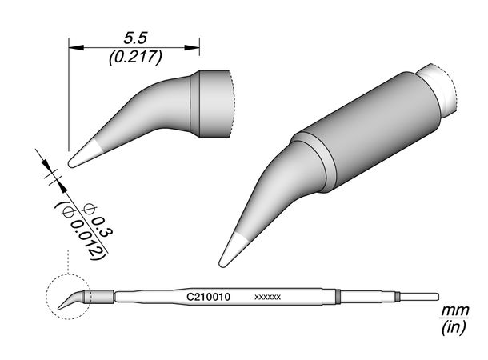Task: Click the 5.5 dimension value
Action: [x=134, y=38]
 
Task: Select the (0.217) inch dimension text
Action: [x=135, y=58]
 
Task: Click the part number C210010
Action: [x=208, y=297]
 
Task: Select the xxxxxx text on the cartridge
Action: [x=268, y=297]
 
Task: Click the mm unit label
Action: [x=455, y=310]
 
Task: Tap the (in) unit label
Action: [x=454, y=327]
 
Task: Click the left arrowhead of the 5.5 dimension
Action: [x=76, y=48]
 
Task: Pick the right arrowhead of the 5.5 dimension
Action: [x=192, y=48]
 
